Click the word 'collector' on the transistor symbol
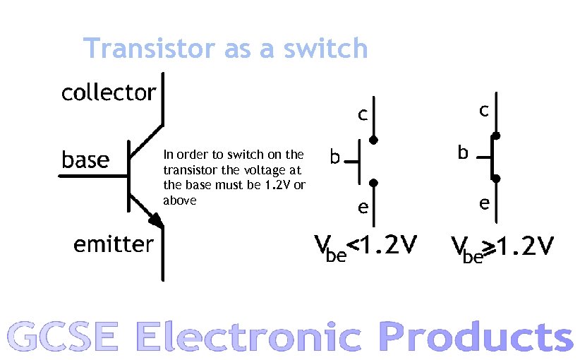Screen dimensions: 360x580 tap(109, 92)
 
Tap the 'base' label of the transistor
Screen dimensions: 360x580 tap(85, 160)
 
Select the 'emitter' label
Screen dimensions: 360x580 tap(113, 244)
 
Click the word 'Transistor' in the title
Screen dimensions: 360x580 tap(149, 49)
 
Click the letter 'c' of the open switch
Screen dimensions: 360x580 tap(361, 114)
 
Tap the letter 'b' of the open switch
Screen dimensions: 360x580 tap(335, 157)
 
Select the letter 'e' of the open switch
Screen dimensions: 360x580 tap(361, 208)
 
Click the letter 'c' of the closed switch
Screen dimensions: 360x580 tap(484, 111)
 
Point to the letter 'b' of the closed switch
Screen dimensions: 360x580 tap(462, 152)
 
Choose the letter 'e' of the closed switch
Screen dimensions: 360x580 tap(484, 204)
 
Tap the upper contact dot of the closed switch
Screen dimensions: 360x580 tap(496, 136)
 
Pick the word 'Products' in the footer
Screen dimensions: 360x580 tap(476, 337)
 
